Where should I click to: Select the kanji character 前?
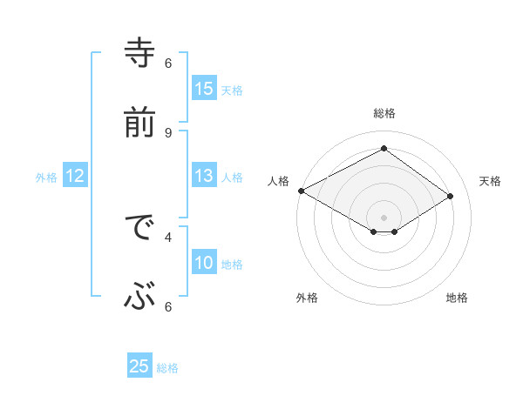pyautogui.click(x=139, y=122)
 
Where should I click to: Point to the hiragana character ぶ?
pyautogui.click(x=139, y=298)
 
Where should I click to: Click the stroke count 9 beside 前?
pyautogui.click(x=168, y=132)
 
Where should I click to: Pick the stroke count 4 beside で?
pyautogui.click(x=168, y=236)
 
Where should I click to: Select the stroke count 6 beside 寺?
pyautogui.click(x=168, y=64)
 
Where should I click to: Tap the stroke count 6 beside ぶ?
pyautogui.click(x=168, y=305)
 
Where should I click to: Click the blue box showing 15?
pyautogui.click(x=204, y=89)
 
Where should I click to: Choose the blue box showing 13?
pyautogui.click(x=204, y=176)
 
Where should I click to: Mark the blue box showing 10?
pyautogui.click(x=204, y=263)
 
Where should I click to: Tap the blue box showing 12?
pyautogui.click(x=75, y=176)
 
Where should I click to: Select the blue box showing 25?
pyautogui.click(x=139, y=366)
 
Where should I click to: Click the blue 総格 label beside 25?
pyautogui.click(x=167, y=368)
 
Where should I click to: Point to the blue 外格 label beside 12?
pyautogui.click(x=46, y=178)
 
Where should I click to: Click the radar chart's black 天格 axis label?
pyautogui.click(x=490, y=181)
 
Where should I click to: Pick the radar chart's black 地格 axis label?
pyautogui.click(x=457, y=298)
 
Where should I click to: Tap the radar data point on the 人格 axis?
pyautogui.click(x=301, y=191)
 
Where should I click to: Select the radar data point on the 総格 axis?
pyautogui.click(x=384, y=149)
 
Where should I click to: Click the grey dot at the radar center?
pyautogui.click(x=384, y=217)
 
